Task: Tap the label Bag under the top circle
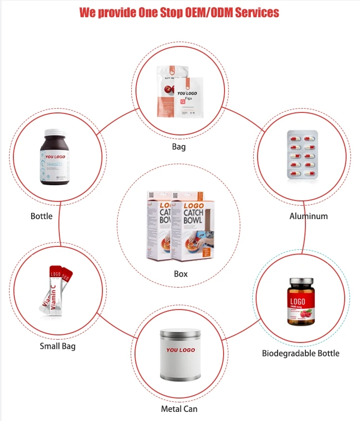click(179, 146)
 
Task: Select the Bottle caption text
click(42, 216)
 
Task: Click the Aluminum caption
click(308, 216)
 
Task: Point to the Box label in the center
click(180, 274)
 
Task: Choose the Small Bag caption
click(57, 346)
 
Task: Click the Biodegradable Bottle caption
click(301, 353)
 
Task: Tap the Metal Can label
click(179, 409)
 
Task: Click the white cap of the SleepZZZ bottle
click(54, 133)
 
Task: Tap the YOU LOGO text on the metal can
click(180, 350)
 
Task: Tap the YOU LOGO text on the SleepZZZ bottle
click(54, 156)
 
